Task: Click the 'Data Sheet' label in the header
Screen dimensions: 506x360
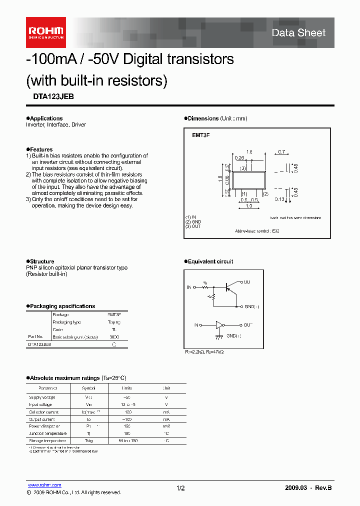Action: coord(298,33)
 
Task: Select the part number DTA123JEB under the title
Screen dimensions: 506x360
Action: coord(50,97)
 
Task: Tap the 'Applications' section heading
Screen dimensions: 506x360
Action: coord(46,118)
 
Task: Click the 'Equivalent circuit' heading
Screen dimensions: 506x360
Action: coord(210,261)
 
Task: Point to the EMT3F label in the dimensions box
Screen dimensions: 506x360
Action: coord(200,135)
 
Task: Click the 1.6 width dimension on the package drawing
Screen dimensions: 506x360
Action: coord(249,151)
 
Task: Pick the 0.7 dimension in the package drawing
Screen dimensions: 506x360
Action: coord(281,151)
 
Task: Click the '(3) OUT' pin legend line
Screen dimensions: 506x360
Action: coord(193,226)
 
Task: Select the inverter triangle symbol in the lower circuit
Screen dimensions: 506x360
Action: coord(218,325)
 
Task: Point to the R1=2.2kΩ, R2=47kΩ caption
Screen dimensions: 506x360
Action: coord(204,352)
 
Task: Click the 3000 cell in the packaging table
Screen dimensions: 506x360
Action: coord(114,336)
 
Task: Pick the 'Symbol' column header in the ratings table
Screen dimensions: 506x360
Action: coord(89,388)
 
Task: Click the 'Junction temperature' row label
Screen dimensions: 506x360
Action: coord(47,433)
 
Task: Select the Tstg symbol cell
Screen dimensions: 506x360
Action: coord(89,440)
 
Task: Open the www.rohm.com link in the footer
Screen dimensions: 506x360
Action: coord(44,485)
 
